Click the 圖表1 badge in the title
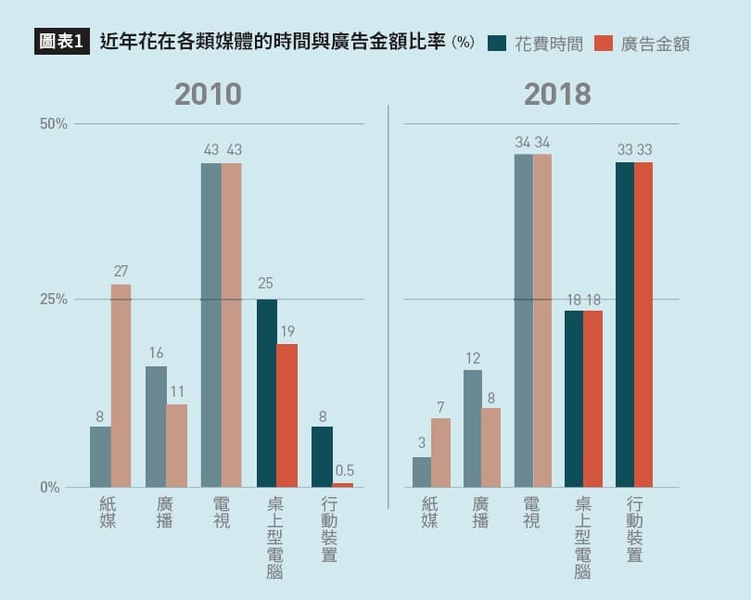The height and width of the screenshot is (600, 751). (x=62, y=42)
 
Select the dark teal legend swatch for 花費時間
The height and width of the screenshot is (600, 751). (x=497, y=43)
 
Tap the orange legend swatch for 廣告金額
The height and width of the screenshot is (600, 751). (x=604, y=43)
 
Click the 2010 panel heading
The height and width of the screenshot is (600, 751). (x=208, y=94)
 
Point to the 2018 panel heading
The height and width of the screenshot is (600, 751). (x=557, y=94)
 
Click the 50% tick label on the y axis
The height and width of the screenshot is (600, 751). (x=53, y=124)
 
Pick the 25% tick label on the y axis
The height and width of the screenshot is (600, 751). (x=53, y=300)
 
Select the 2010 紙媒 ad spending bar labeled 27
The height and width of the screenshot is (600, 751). (x=121, y=385)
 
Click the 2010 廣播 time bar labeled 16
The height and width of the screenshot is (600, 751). (x=156, y=427)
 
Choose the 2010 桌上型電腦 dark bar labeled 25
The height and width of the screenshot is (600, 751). (x=266, y=393)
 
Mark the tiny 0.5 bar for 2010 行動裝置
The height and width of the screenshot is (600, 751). (x=342, y=485)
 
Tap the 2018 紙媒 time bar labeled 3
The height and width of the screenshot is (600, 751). (x=422, y=472)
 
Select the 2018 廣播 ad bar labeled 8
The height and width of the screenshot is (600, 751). (x=491, y=447)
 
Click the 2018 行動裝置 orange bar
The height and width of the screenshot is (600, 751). (x=643, y=325)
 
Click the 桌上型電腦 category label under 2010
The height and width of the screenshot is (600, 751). (x=275, y=538)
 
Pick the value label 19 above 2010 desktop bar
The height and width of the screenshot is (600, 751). (x=286, y=331)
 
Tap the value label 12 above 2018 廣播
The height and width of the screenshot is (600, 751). (x=473, y=358)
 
